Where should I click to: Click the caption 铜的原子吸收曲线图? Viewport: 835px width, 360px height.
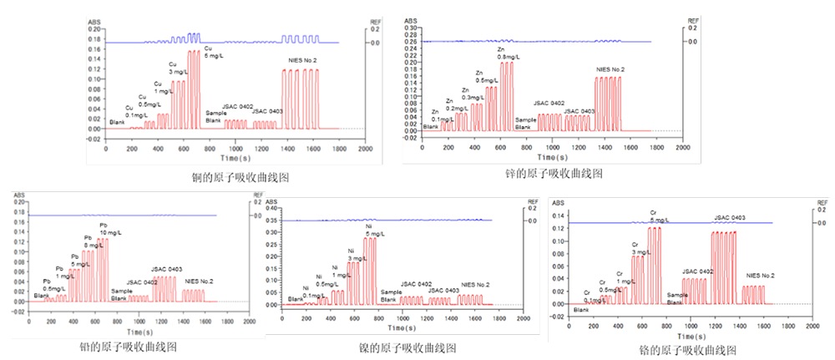[240, 177]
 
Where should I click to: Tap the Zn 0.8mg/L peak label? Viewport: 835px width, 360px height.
[508, 53]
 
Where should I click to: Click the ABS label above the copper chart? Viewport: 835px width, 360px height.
[94, 20]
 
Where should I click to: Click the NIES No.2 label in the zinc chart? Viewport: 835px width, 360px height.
[610, 69]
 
